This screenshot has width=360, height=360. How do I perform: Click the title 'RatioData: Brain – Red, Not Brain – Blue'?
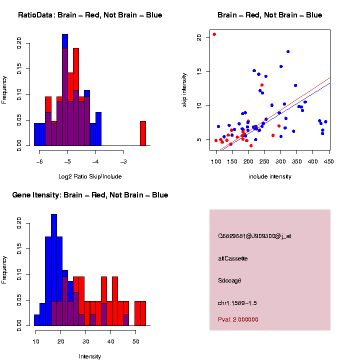pyautogui.click(x=90, y=15)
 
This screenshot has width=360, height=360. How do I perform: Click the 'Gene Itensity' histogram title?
pyautogui.click(x=90, y=195)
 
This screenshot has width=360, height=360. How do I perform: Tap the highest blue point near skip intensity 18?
pyautogui.click(x=288, y=51)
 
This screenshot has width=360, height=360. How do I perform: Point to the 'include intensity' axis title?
pyautogui.click(x=270, y=176)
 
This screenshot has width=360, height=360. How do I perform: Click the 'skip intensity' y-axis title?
pyautogui.click(x=184, y=89)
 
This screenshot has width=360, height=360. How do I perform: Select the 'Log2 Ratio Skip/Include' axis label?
pyautogui.click(x=90, y=176)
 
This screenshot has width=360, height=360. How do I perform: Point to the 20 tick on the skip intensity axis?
pyautogui.click(x=199, y=37)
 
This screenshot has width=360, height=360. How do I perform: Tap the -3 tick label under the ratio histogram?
pyautogui.click(x=123, y=161)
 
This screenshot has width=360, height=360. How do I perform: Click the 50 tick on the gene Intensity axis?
pyautogui.click(x=135, y=341)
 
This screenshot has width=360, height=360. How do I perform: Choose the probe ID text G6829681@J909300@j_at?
pyautogui.click(x=254, y=236)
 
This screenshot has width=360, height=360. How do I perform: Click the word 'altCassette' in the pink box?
pyautogui.click(x=233, y=258)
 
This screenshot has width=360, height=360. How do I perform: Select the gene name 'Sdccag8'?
pyautogui.click(x=230, y=280)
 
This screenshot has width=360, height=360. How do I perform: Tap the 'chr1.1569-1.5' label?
pyautogui.click(x=237, y=303)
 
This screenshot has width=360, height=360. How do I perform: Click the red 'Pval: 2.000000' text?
pyautogui.click(x=238, y=319)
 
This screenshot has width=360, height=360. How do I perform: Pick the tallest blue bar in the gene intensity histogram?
pyautogui.click(x=54, y=270)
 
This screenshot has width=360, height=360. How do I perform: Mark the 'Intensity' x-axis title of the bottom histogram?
pyautogui.click(x=90, y=356)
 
